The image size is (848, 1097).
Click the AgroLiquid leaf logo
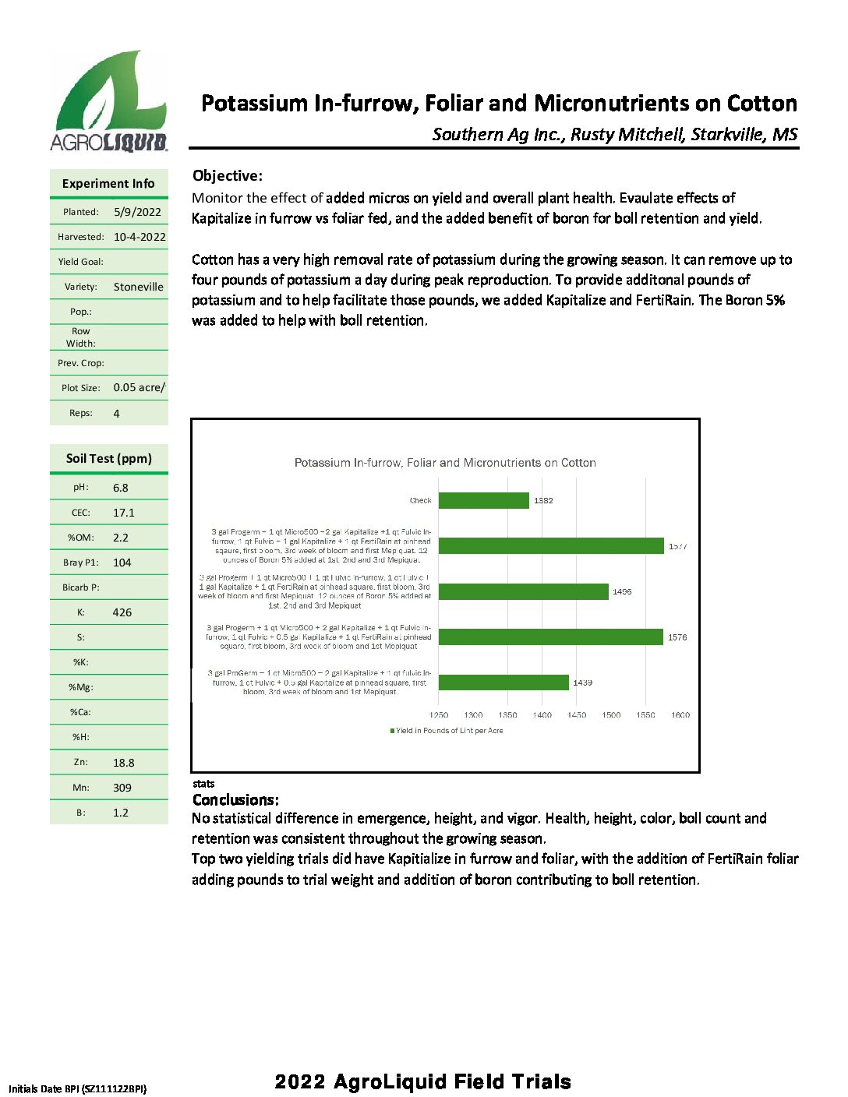[x=109, y=100]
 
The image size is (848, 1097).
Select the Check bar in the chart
[x=483, y=500]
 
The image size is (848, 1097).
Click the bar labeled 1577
[x=551, y=546]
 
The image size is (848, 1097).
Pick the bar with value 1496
[x=523, y=591]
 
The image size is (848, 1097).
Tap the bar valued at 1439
[x=503, y=683]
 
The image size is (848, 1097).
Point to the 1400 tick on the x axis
[x=542, y=714]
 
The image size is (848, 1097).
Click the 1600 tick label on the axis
[x=680, y=714]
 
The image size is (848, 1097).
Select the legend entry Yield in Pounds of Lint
[x=447, y=731]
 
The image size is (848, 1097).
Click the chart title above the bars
[x=445, y=463]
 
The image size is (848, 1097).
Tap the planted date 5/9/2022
[x=137, y=212]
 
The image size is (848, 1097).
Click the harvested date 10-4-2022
[x=140, y=237]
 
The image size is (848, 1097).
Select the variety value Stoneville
[x=138, y=287]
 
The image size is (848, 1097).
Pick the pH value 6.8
[x=120, y=488]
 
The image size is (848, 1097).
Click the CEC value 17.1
[x=123, y=513]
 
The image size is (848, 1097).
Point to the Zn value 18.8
[x=123, y=763]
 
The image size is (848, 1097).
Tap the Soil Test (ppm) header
[x=109, y=458]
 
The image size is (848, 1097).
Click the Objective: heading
[x=228, y=175]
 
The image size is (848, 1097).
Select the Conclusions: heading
[x=235, y=799]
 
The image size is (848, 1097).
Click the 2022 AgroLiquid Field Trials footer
[x=422, y=1081]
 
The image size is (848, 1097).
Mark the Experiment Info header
[x=108, y=183]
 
